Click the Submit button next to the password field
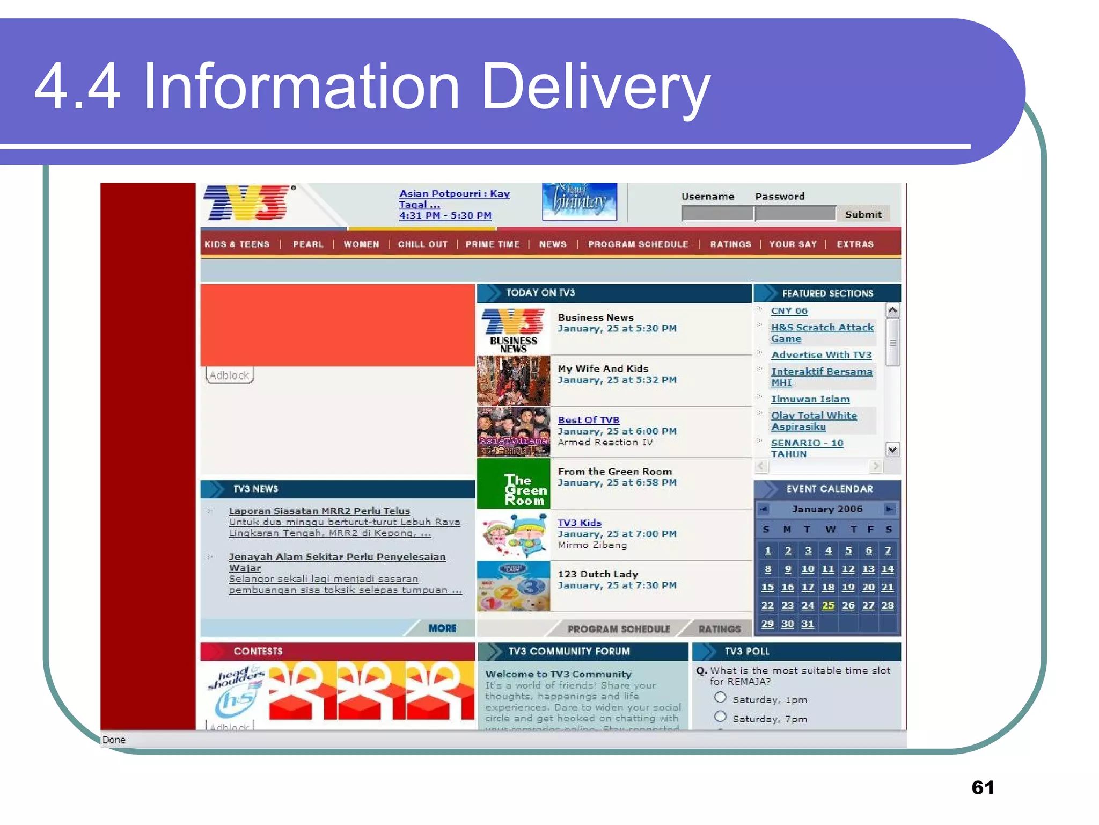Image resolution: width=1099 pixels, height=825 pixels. [863, 214]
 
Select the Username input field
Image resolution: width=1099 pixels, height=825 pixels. [717, 214]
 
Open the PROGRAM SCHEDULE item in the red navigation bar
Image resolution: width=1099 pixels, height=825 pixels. [638, 244]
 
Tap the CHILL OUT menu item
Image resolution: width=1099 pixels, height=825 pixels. [423, 244]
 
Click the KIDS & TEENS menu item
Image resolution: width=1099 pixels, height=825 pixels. [237, 244]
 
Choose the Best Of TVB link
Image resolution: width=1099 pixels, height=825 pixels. [589, 420]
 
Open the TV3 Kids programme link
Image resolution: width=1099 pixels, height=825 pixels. [580, 523]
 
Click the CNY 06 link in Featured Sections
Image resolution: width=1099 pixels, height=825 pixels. [789, 311]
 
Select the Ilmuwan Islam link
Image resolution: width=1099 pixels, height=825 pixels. [810, 399]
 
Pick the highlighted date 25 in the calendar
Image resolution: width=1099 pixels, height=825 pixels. [828, 605]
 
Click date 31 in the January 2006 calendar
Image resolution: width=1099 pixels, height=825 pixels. [808, 624]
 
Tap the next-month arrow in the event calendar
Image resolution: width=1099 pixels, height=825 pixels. [889, 509]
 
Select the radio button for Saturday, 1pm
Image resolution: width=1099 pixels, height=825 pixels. [720, 698]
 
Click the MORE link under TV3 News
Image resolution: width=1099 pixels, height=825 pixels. [442, 628]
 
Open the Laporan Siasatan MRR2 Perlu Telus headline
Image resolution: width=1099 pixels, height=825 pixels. [319, 511]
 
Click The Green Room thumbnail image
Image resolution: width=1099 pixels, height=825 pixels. [514, 483]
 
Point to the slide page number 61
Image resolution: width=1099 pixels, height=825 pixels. [983, 787]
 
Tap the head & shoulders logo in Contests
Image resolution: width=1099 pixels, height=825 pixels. [236, 693]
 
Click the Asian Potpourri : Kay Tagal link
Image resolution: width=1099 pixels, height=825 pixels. [454, 199]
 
